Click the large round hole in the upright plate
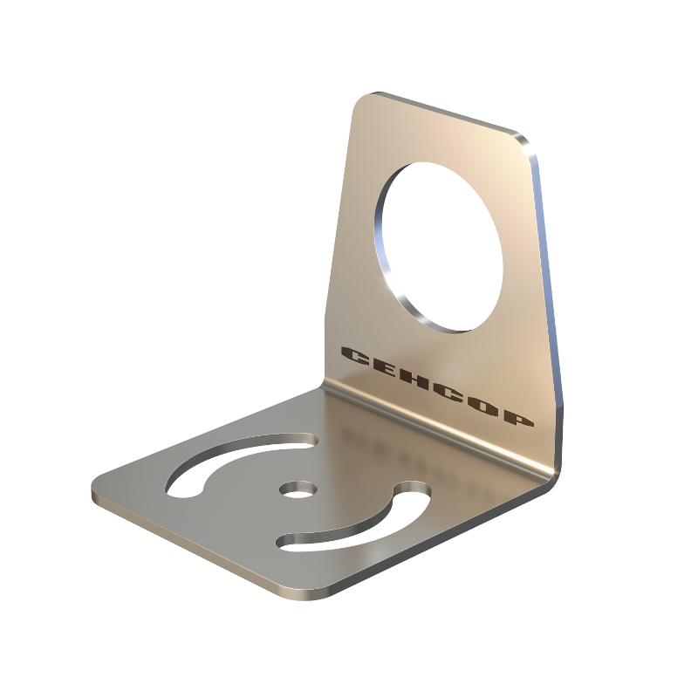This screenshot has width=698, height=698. pos(441,247)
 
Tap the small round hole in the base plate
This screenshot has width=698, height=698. pos(298,489)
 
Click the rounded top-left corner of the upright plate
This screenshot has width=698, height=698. pos(363,101)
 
